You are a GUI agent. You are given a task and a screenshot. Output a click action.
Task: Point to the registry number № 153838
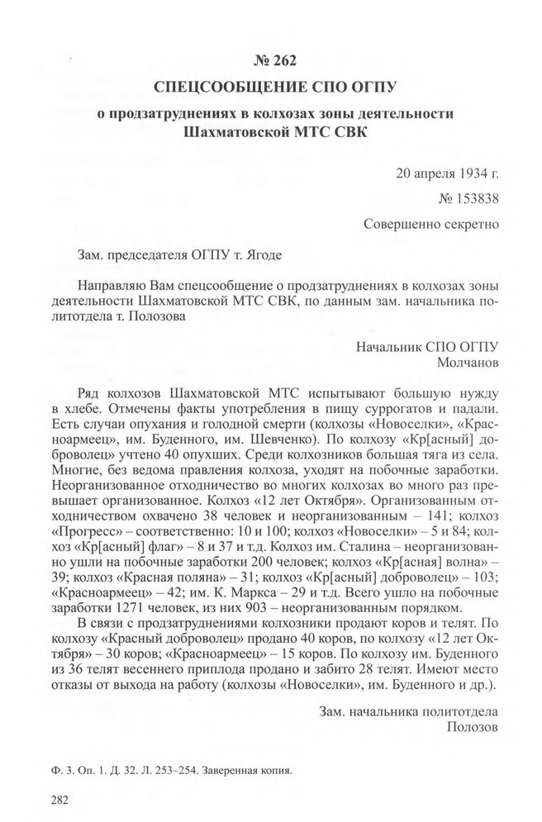[x=469, y=198]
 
